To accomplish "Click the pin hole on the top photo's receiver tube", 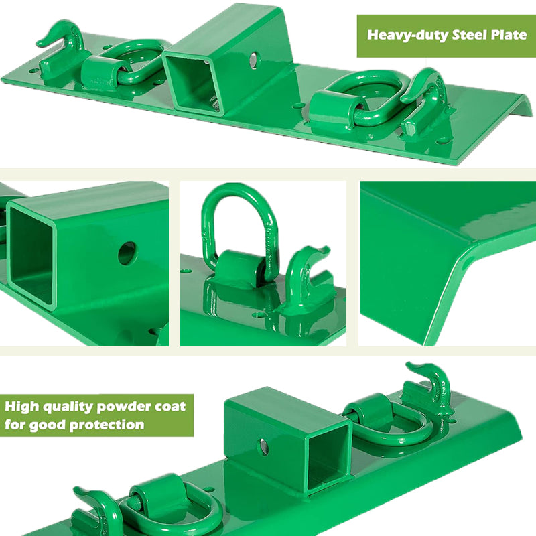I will coord(253,60).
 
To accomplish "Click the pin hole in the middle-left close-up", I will coord(127,253).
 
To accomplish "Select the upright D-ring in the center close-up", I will coord(239,228).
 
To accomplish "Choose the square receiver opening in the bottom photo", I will coord(328,456).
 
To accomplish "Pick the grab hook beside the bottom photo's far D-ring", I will coord(429,389).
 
